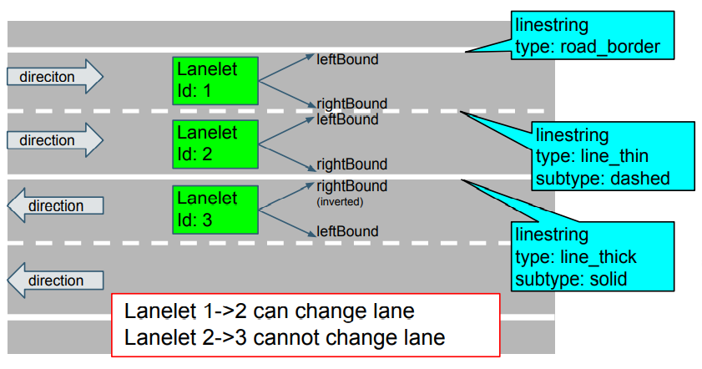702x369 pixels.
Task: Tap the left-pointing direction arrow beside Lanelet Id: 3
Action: click(55, 205)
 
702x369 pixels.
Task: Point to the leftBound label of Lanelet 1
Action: click(347, 59)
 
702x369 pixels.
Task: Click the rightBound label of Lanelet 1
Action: click(351, 104)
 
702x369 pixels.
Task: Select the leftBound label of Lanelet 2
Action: click(347, 119)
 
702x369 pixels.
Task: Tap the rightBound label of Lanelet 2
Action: click(351, 164)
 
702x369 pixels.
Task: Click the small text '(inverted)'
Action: click(340, 201)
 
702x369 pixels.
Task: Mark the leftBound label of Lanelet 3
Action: click(347, 231)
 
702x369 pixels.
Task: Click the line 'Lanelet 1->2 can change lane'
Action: click(269, 312)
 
